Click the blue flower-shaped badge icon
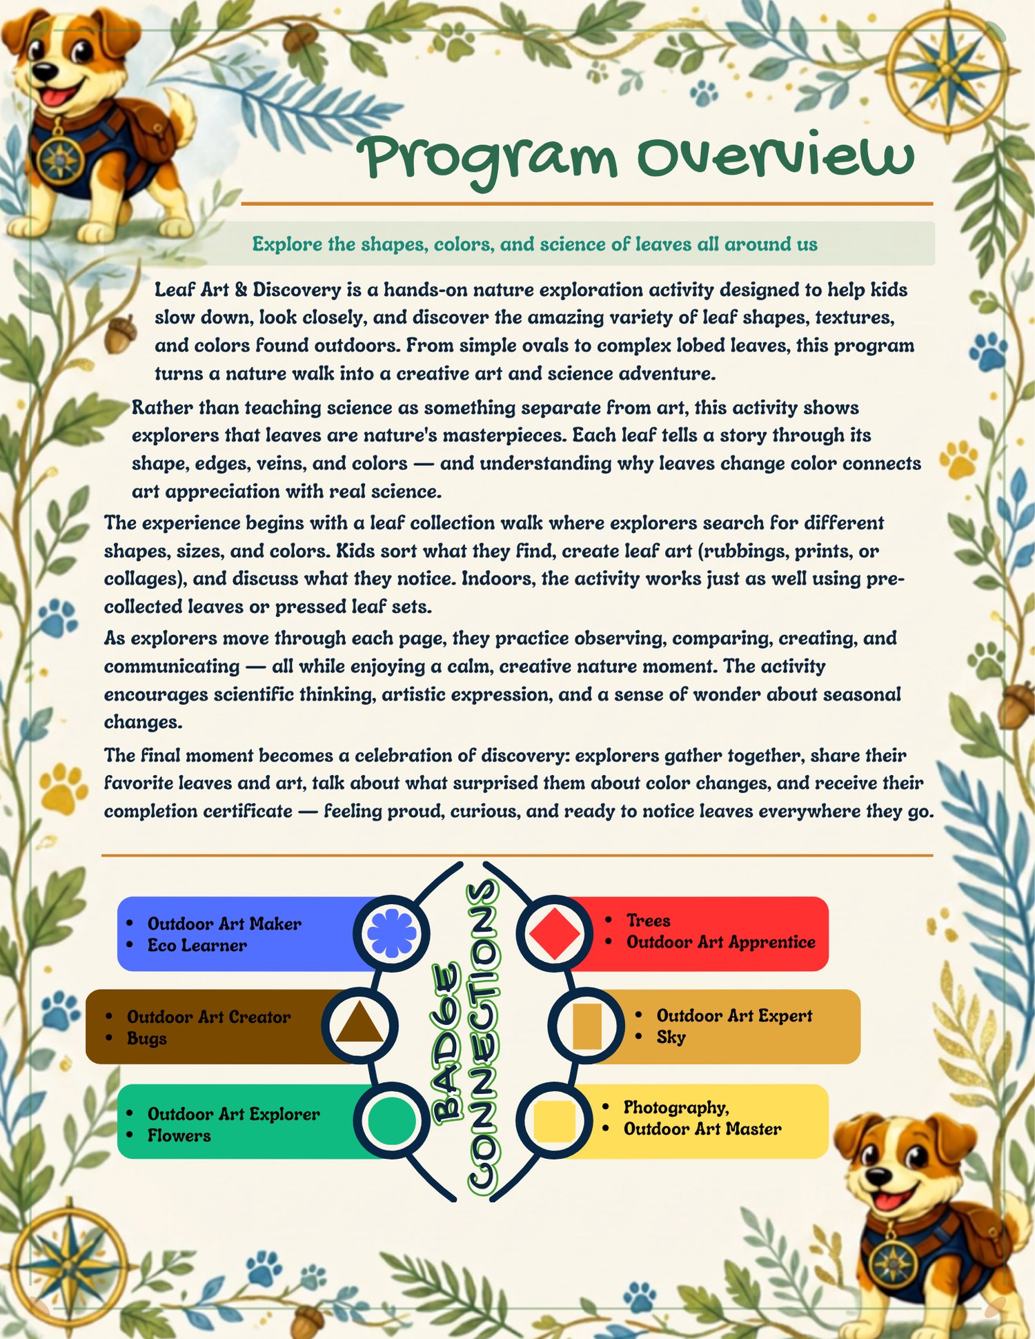[391, 933]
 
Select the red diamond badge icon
[555, 933]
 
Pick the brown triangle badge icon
[359, 1023]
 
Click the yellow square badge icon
[555, 1121]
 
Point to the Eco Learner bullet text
[197, 946]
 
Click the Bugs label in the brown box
[146, 1039]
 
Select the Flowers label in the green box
[179, 1135]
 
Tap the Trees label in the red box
[648, 920]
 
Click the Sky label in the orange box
[671, 1037]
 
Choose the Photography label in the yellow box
[676, 1108]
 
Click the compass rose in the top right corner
[947, 68]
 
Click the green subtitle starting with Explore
[535, 244]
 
